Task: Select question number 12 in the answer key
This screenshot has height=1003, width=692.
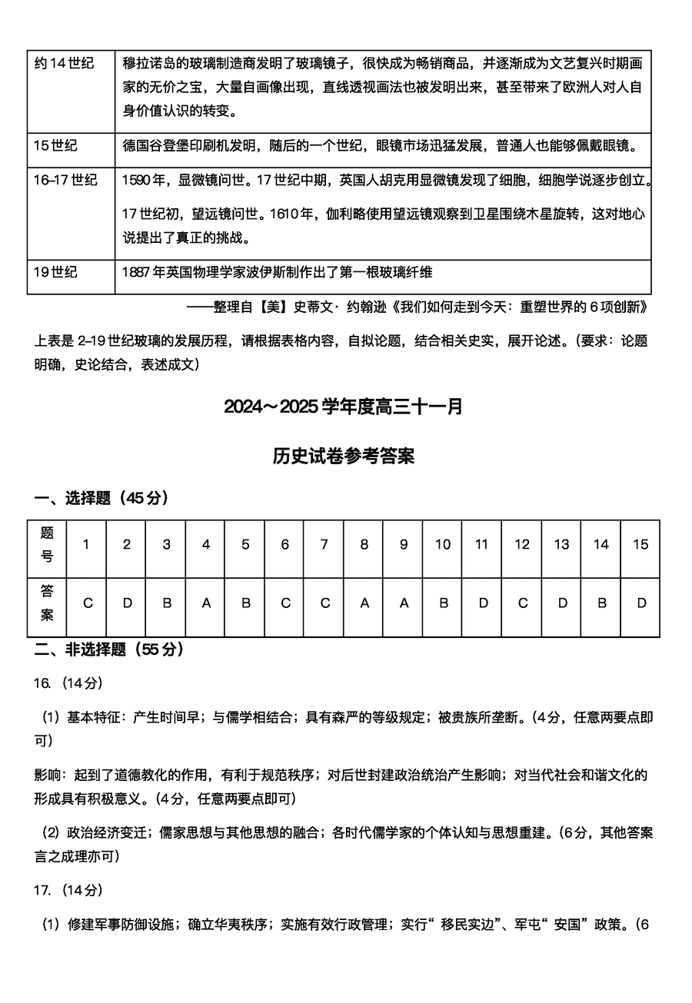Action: coord(522,544)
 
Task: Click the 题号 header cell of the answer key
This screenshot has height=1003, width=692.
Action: coord(47,544)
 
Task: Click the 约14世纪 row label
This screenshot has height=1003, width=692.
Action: coord(64,63)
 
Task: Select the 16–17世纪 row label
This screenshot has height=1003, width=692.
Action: coord(65,180)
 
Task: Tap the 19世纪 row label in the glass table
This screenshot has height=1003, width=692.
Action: coord(56,271)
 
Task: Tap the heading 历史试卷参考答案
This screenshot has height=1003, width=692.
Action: coord(344,457)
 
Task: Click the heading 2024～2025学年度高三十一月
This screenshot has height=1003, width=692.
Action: coord(344,407)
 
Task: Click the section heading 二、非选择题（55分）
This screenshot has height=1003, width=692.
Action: coord(109,649)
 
